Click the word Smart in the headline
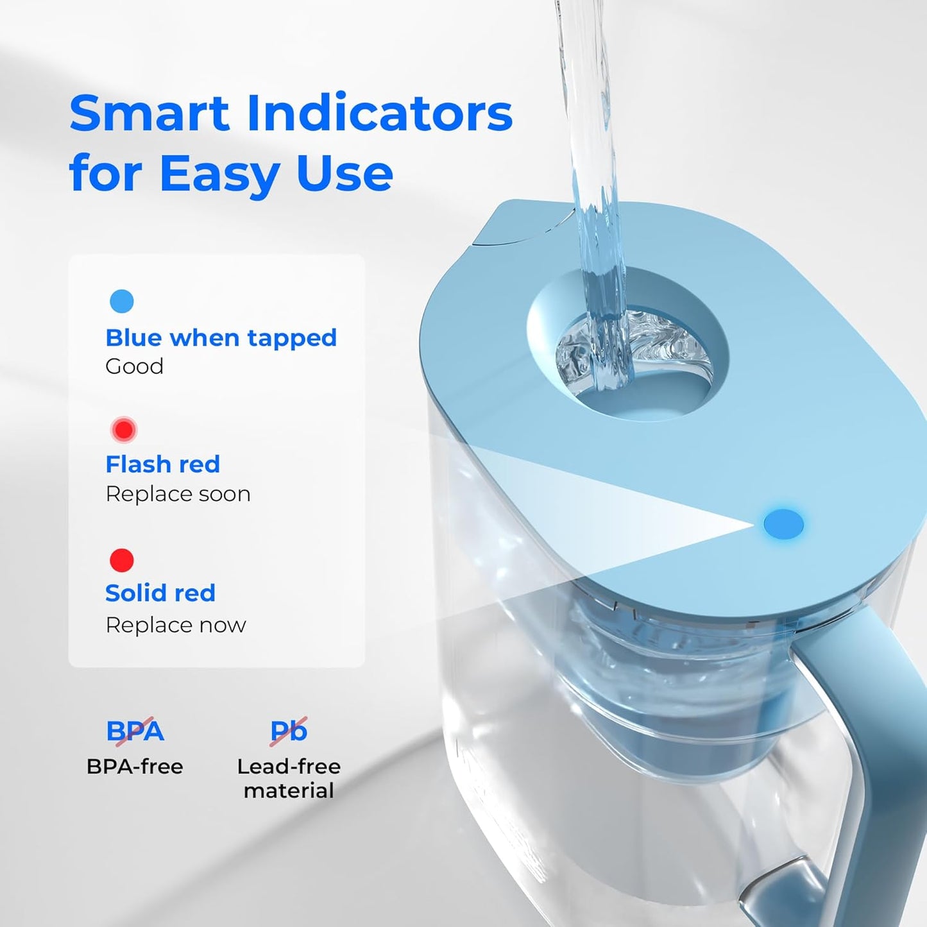[149, 113]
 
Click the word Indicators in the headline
[379, 113]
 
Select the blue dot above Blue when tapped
[122, 301]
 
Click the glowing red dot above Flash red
[123, 430]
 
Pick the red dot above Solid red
[122, 560]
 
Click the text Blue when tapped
[221, 337]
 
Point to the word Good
[134, 366]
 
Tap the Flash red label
[162, 464]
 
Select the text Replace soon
[178, 494]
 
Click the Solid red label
[160, 593]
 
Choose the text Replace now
[175, 625]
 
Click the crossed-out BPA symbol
[135, 731]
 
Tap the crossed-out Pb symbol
[289, 731]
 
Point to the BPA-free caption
[135, 767]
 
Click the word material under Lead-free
[289, 790]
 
